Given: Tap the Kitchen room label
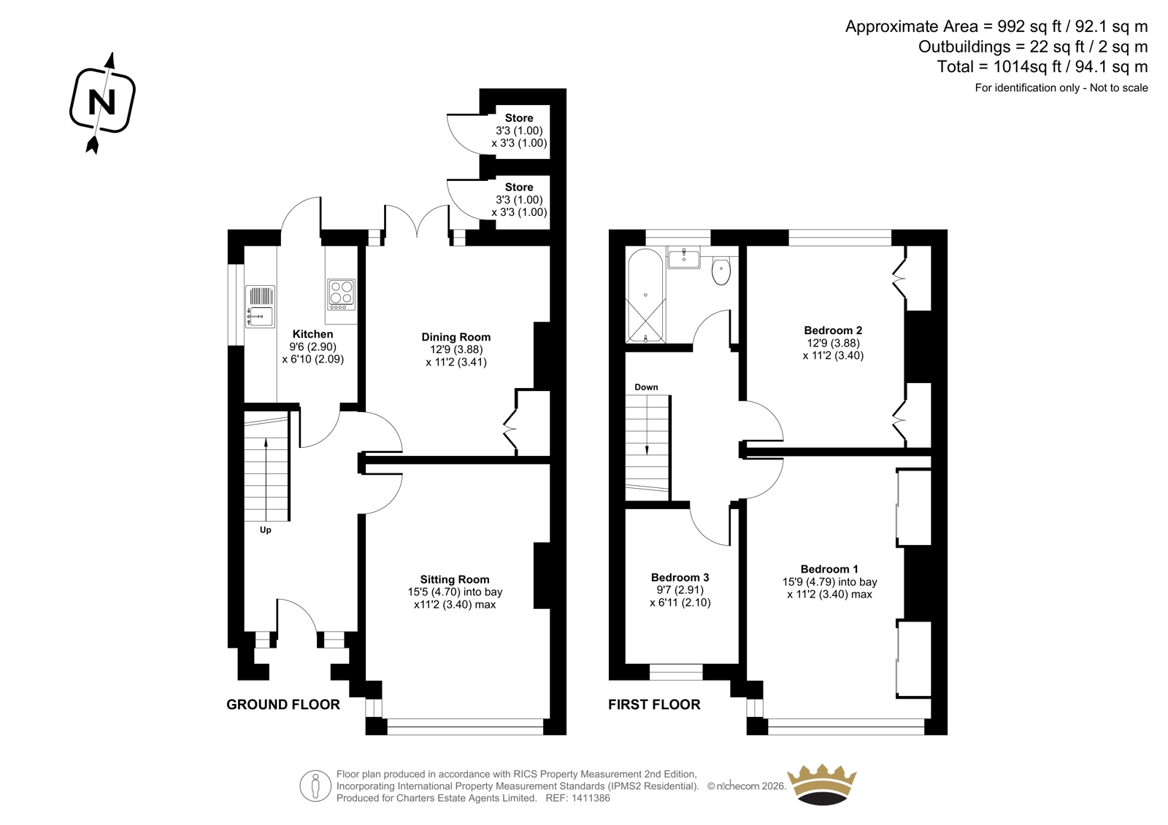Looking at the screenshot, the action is coord(313,334).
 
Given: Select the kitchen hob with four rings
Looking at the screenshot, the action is coord(342,295).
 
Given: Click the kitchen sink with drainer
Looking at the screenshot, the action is coord(260,307).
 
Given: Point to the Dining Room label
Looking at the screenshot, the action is coord(456,337).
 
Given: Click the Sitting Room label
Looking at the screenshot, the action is coord(455,579).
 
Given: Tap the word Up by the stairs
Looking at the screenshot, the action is coord(266,530).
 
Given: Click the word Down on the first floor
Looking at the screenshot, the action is coord(646,387).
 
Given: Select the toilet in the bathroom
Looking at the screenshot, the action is coord(721,271).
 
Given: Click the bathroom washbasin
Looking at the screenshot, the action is coord(684,258).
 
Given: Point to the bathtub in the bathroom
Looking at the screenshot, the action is coord(645,295).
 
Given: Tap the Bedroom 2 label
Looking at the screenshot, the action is coord(833,330).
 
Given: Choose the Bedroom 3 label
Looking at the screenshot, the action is coord(680,578).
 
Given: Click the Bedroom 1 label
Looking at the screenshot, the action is coord(829,569).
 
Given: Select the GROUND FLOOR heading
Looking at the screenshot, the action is coord(283,705).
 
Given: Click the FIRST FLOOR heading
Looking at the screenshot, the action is coord(654,705).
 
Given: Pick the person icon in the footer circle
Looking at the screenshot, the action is coord(315,786).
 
